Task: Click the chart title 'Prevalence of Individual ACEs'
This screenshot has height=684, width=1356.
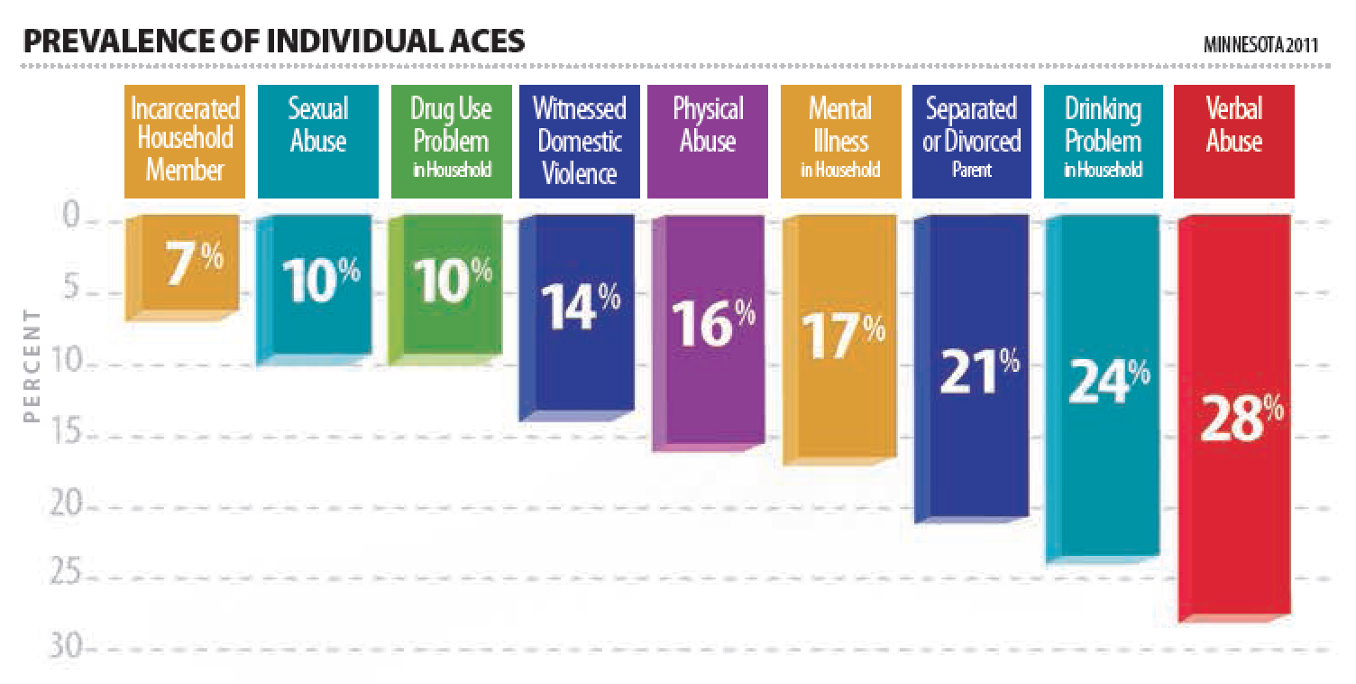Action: [273, 42]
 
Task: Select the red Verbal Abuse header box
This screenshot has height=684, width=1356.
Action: [1233, 142]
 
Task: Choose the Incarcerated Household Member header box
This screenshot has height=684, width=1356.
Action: [185, 142]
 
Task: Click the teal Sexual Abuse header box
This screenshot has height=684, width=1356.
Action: [317, 142]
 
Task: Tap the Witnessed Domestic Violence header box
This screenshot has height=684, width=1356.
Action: [579, 142]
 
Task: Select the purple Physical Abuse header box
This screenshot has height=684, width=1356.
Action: [708, 142]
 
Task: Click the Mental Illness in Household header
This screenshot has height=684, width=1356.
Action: [840, 142]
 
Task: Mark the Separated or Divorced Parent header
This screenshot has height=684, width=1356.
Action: [971, 142]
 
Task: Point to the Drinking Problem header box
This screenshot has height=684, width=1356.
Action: [1103, 142]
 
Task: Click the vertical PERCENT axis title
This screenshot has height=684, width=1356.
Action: [33, 365]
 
